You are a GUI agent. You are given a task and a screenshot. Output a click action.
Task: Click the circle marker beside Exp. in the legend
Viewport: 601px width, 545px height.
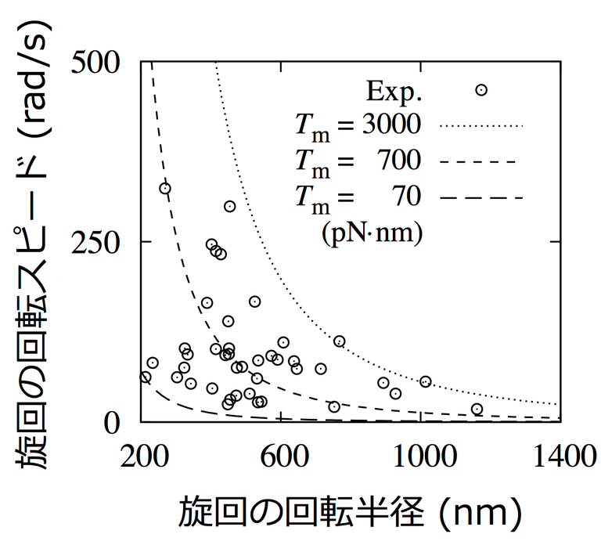pos(481,90)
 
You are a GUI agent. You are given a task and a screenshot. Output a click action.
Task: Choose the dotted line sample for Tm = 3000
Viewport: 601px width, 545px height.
pos(480,125)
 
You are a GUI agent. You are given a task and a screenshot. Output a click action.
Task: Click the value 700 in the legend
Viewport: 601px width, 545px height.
pos(398,161)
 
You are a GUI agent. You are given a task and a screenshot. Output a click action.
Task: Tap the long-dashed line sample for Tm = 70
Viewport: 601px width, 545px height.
pos(480,197)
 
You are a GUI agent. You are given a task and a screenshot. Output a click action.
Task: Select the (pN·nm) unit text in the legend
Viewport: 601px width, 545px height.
pos(372,233)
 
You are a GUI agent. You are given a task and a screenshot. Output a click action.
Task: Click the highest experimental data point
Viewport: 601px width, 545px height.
pos(165,188)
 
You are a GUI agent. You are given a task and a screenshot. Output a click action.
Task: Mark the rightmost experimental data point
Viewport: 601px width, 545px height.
pos(477,409)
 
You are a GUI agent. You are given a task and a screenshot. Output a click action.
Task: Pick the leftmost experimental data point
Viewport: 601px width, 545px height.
pos(145,377)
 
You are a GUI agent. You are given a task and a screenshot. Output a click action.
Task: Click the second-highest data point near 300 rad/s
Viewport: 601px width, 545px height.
pos(230,207)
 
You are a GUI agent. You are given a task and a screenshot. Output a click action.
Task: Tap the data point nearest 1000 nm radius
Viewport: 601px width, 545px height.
pos(426,381)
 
